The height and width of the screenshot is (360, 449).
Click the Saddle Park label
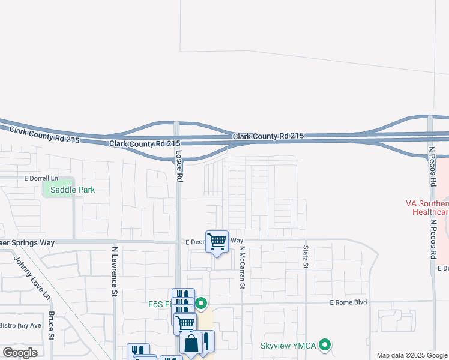pyautogui.click(x=72, y=190)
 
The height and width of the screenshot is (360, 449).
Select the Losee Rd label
pyautogui.click(x=179, y=165)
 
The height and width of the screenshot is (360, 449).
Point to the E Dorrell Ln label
pyautogui.click(x=41, y=178)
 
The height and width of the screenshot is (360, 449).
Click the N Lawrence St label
pyautogui.click(x=113, y=271)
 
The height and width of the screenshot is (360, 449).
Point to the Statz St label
pyautogui.click(x=306, y=256)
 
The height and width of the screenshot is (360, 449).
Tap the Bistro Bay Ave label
pyautogui.click(x=20, y=325)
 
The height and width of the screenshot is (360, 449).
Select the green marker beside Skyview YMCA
pyautogui.click(x=325, y=344)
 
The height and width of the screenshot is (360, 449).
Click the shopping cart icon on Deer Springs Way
pyautogui.click(x=217, y=242)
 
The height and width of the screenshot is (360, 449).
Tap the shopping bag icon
pyautogui.click(x=191, y=344)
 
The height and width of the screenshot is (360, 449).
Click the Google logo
pyautogui.click(x=20, y=353)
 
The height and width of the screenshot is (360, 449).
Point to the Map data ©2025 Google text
pyautogui.click(x=412, y=355)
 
